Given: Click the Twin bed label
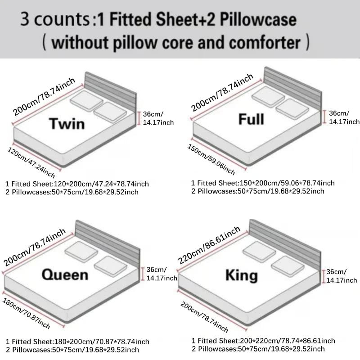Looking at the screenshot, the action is pyautogui.click(x=67, y=123).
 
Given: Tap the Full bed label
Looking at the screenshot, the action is pyautogui.click(x=251, y=119).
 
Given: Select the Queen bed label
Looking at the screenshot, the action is pyautogui.click(x=65, y=274).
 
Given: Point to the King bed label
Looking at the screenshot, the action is pyautogui.click(x=242, y=275).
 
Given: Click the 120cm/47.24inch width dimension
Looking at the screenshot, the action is pyautogui.click(x=31, y=162).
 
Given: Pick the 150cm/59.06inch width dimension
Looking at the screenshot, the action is pyautogui.click(x=211, y=159).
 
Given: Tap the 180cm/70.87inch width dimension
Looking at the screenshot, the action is pyautogui.click(x=26, y=313).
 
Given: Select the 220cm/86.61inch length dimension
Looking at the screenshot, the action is pyautogui.click(x=209, y=245).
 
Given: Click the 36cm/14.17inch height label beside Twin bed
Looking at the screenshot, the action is pyautogui.click(x=158, y=118).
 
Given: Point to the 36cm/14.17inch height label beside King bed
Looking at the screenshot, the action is pyautogui.click(x=342, y=276).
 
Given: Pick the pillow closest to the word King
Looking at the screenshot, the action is pyautogui.click(x=288, y=266).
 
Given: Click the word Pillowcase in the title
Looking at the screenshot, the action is pyautogui.click(x=258, y=20).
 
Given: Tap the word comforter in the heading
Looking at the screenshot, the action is pyautogui.click(x=265, y=43).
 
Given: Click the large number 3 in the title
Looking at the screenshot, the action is pyautogui.click(x=25, y=19).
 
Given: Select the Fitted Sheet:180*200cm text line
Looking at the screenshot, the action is pyautogui.click(x=77, y=342).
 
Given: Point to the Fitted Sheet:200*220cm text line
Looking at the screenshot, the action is pyautogui.click(x=263, y=341).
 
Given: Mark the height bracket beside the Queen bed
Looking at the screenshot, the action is pyautogui.click(x=142, y=274).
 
